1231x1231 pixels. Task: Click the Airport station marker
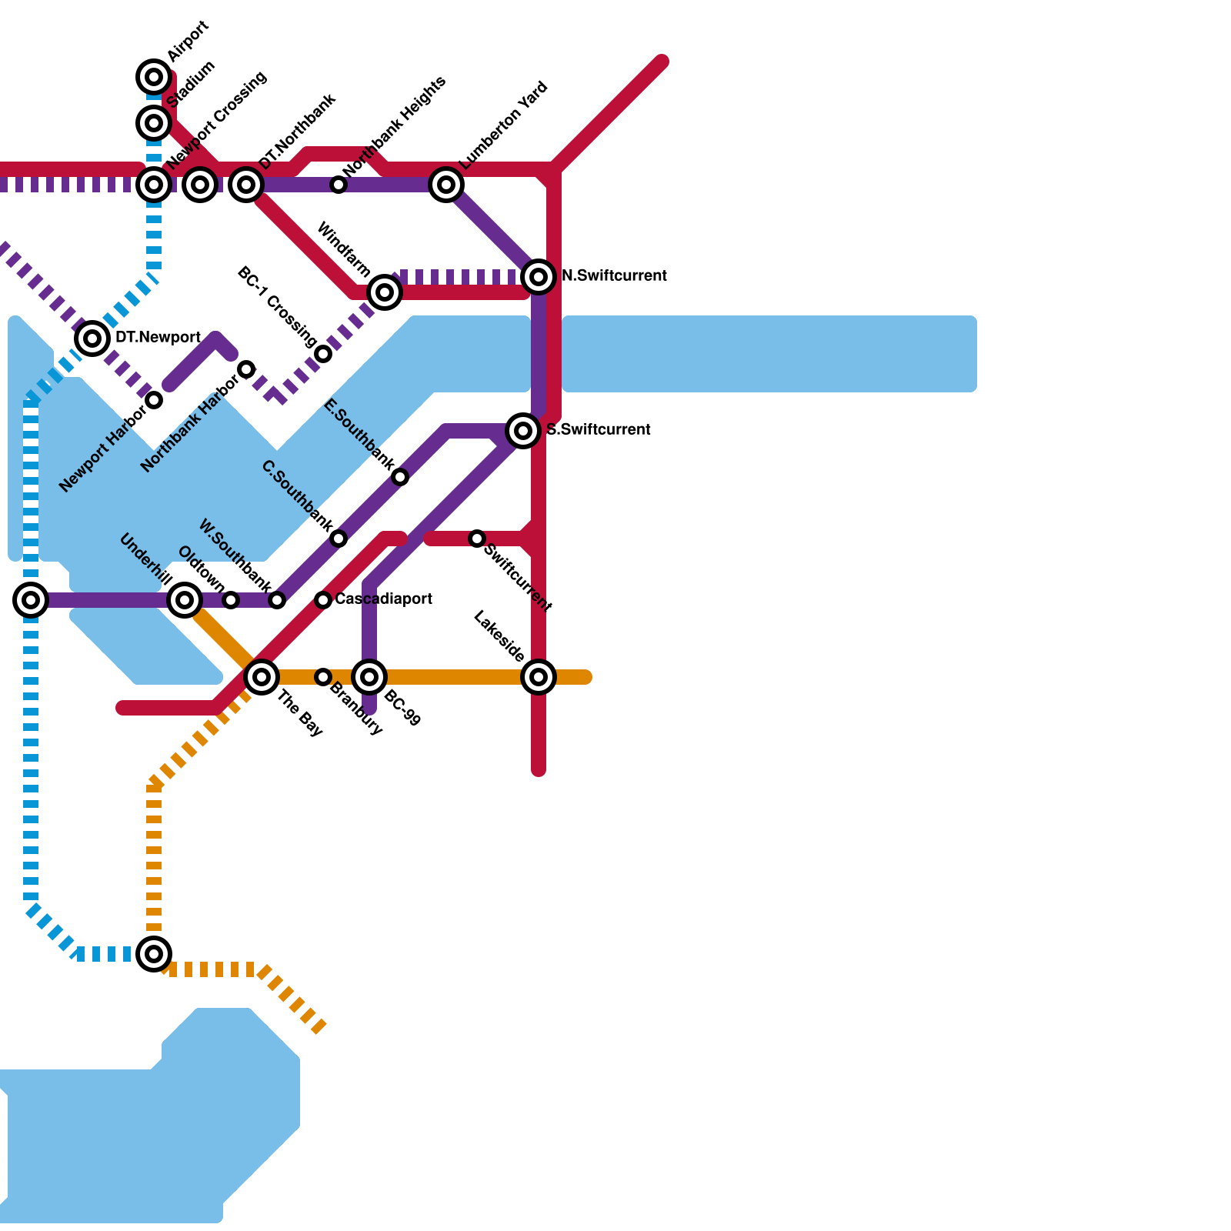pos(154,77)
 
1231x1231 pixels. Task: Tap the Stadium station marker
pos(154,122)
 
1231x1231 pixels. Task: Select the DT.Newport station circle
pos(92,338)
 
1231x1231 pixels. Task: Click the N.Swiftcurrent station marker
pos(539,276)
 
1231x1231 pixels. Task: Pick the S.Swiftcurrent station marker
pos(523,430)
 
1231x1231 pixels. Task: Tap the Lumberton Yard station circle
pos(446,185)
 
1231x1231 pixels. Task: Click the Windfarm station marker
pos(385,292)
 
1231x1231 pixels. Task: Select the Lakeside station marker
pos(539,677)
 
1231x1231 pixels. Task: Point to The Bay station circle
pos(262,677)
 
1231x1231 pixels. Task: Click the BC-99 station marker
pos(369,677)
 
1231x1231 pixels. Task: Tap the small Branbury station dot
pos(323,677)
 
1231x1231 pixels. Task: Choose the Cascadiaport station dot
pos(323,600)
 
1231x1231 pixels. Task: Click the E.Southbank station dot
pos(400,477)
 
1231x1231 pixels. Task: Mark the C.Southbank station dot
pos(339,539)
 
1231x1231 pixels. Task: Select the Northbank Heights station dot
pos(339,185)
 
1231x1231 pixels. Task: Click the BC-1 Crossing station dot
pos(323,354)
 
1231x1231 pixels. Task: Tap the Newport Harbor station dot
pos(154,400)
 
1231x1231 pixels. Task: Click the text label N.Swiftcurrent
pos(614,276)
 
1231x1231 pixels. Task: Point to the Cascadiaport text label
pos(383,599)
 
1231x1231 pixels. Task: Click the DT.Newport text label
pos(158,338)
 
